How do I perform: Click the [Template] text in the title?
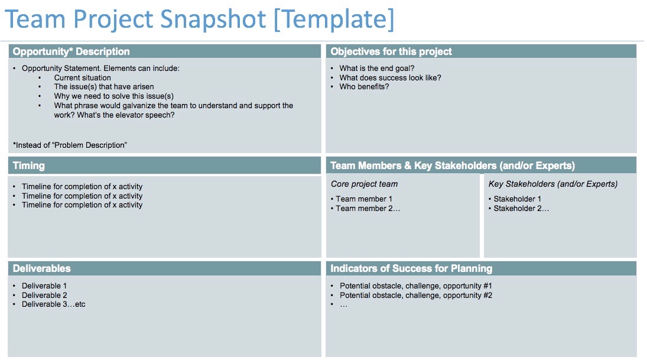click(334, 20)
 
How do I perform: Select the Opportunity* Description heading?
click(71, 51)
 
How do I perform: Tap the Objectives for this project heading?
click(391, 51)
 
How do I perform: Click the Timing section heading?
click(28, 166)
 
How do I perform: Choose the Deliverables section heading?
click(41, 268)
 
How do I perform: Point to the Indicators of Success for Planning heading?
click(411, 268)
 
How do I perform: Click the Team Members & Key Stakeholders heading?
click(453, 166)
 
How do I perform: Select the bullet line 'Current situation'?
click(82, 77)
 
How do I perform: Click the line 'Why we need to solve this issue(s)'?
click(113, 96)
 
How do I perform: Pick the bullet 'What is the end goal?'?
click(376, 69)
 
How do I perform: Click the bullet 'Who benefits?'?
click(364, 87)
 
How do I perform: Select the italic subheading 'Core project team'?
click(364, 184)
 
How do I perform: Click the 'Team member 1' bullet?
click(363, 199)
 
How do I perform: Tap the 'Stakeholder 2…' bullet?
click(521, 208)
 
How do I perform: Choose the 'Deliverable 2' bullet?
click(44, 295)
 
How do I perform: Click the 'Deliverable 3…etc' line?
click(53, 304)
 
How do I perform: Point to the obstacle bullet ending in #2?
click(415, 295)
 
